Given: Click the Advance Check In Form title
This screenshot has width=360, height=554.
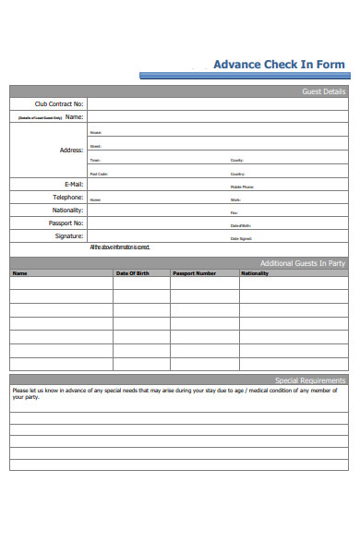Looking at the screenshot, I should (x=279, y=65).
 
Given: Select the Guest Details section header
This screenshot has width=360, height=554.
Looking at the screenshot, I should (x=324, y=91).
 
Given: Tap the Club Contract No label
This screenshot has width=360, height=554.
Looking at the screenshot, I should (x=59, y=104).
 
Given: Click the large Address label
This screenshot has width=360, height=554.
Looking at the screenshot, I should (x=71, y=150).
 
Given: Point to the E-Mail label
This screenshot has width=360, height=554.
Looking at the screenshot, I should (x=70, y=184).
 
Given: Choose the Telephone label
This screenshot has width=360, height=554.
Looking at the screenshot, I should (x=67, y=197).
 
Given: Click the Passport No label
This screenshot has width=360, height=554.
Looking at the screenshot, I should (x=66, y=223).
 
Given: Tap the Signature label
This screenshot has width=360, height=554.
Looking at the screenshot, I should (x=68, y=235).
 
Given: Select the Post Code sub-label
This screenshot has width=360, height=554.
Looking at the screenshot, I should (x=99, y=174).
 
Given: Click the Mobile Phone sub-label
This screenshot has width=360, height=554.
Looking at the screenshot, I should (x=242, y=187).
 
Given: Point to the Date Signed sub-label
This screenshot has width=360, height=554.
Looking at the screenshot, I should (x=241, y=239).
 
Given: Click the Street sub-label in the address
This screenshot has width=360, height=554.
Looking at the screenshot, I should (x=95, y=147).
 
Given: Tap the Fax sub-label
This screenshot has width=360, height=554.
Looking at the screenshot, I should (x=234, y=212).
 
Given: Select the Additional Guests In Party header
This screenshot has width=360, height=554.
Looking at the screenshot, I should (x=303, y=263).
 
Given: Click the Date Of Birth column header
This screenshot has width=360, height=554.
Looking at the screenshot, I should (x=132, y=273).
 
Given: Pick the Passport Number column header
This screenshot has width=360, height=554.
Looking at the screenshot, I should (x=195, y=273).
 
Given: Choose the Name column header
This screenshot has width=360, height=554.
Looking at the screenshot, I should (x=20, y=273).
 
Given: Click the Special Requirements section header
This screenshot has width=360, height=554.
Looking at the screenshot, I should (x=310, y=379).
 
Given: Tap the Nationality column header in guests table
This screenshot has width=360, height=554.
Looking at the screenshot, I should (x=255, y=273).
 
